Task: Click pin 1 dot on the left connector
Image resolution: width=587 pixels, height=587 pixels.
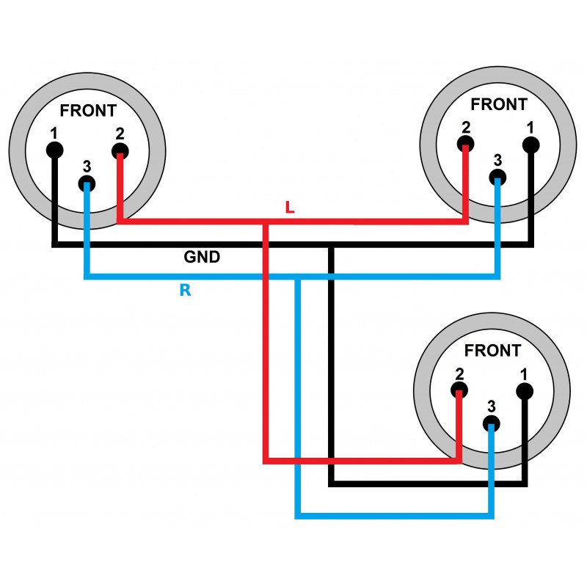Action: pyautogui.click(x=54, y=150)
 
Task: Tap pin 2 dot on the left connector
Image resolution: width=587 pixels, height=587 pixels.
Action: pyautogui.click(x=120, y=152)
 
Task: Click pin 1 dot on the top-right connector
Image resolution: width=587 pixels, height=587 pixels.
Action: pyautogui.click(x=531, y=145)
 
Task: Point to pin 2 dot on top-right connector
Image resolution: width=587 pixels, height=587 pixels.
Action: pyautogui.click(x=465, y=145)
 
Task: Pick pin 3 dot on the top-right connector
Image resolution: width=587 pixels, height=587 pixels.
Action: pyautogui.click(x=497, y=177)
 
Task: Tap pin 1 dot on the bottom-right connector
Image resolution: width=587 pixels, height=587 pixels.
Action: pyautogui.click(x=524, y=391)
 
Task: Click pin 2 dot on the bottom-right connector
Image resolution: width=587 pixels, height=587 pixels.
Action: pyautogui.click(x=459, y=391)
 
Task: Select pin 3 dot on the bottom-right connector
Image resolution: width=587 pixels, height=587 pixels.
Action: pyautogui.click(x=491, y=423)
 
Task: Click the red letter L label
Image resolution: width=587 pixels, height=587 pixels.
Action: pyautogui.click(x=290, y=208)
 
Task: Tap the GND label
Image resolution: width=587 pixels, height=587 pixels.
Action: pyautogui.click(x=202, y=258)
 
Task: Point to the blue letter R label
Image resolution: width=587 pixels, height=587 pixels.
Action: pyautogui.click(x=185, y=291)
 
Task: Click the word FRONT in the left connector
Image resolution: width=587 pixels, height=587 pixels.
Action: pyautogui.click(x=88, y=111)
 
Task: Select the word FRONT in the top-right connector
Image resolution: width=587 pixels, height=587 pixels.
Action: pyautogui.click(x=499, y=104)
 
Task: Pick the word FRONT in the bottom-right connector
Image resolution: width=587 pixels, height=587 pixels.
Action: pyautogui.click(x=493, y=351)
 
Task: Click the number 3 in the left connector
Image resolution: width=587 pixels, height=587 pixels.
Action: pyautogui.click(x=87, y=166)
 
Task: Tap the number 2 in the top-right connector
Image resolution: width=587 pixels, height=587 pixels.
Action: pyautogui.click(x=465, y=127)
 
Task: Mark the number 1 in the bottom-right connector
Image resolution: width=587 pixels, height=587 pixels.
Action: pyautogui.click(x=524, y=373)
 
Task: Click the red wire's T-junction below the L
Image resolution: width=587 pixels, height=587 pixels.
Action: pyautogui.click(x=266, y=222)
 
